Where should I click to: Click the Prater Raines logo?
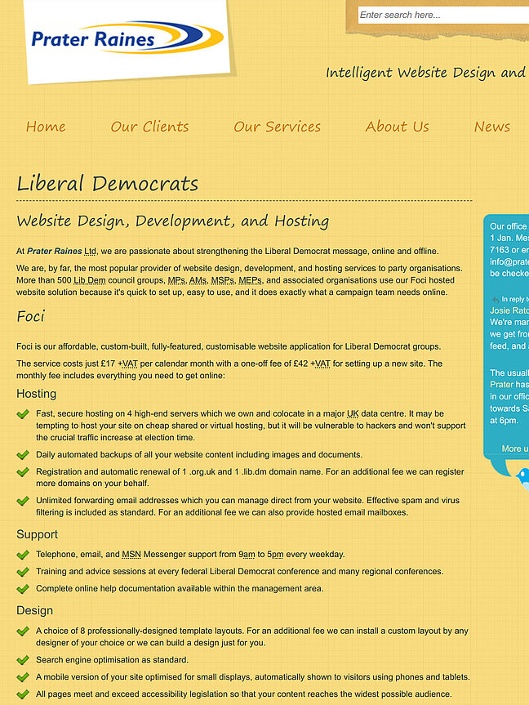pos(127,38)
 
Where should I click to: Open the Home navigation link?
pos(46,127)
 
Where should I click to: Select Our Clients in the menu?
pos(149,127)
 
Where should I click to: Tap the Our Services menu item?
pos(277,127)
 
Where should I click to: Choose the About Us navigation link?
pos(397,127)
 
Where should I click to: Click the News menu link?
pos(492,127)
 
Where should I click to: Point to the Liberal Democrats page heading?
pos(108,183)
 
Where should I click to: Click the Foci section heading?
pos(31,316)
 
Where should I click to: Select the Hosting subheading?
pos(37,394)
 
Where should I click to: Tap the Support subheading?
pos(38,534)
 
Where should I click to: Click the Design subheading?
pos(35,610)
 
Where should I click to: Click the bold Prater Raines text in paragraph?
pos(55,251)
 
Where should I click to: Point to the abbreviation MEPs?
pos(250,279)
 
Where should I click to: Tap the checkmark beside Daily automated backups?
pos(23,455)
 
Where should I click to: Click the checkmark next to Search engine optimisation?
pos(23,660)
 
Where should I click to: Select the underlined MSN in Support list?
pos(131,554)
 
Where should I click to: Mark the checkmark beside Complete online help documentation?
pos(23,588)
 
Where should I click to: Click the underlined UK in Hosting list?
pos(353,414)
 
